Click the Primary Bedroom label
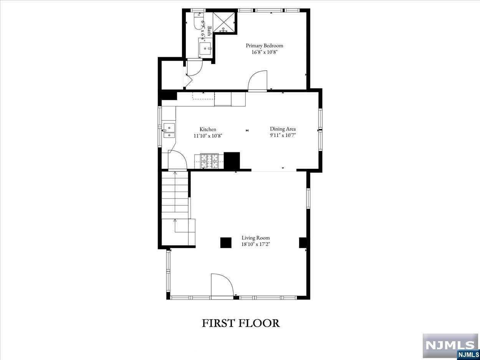[264, 45]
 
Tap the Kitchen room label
[208, 129]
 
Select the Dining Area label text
[283, 129]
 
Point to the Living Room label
[256, 238]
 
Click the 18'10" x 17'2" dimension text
[256, 244]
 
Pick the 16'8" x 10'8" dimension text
[264, 52]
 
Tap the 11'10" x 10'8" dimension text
[208, 136]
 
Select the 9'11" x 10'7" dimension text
[283, 135]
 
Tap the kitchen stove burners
[210, 161]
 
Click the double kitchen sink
[169, 130]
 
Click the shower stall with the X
[223, 23]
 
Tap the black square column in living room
[226, 243]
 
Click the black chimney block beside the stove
[232, 161]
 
